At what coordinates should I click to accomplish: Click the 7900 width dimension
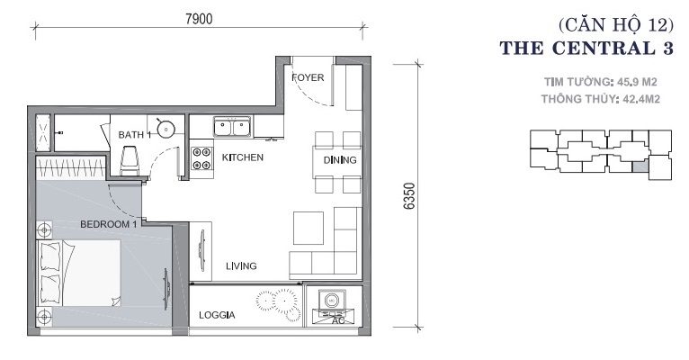(199, 19)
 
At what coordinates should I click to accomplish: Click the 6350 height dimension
(409, 196)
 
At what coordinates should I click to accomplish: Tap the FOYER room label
(308, 77)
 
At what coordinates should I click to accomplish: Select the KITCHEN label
(243, 157)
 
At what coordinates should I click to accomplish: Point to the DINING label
(340, 160)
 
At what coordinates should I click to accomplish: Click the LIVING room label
(241, 265)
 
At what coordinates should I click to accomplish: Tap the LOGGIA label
(217, 315)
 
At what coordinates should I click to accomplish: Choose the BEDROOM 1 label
(109, 224)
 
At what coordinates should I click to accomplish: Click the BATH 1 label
(134, 135)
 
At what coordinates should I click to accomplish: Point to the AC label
(338, 321)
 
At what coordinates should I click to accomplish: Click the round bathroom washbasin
(166, 130)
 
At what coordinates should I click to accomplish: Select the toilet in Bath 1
(130, 160)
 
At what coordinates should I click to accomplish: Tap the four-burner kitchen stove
(202, 158)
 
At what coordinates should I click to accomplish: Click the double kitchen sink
(233, 127)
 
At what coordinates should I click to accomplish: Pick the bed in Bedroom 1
(78, 273)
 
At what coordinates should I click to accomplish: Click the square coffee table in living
(309, 228)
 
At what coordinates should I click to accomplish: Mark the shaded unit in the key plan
(640, 166)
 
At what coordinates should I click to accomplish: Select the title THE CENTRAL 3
(586, 48)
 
